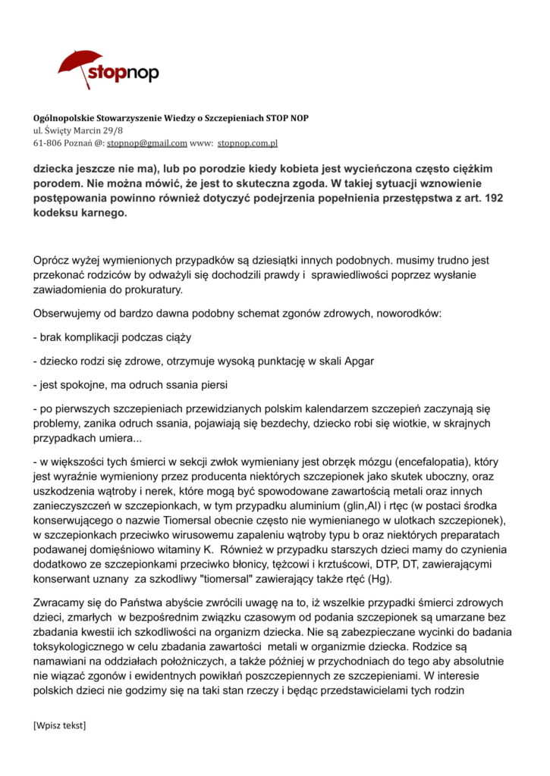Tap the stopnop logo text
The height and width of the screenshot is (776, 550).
[123, 74]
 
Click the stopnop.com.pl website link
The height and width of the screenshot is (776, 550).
[247, 142]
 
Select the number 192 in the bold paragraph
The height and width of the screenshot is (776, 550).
[500, 199]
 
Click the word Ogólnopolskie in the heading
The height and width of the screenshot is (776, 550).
[66, 118]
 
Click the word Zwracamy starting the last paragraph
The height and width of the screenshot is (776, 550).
[61, 603]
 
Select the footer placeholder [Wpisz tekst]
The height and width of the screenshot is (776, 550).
[60, 726]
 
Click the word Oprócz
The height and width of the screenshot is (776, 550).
[52, 261]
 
